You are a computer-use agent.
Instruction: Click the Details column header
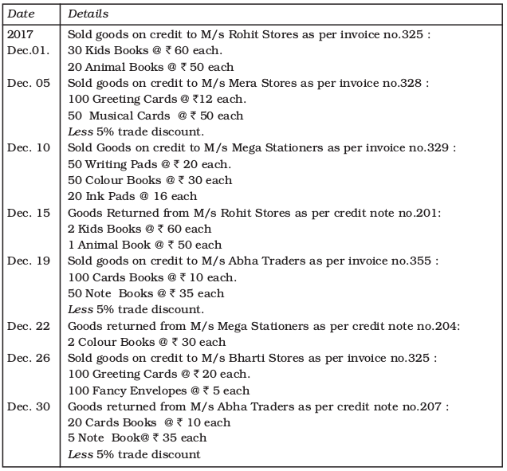point(88,14)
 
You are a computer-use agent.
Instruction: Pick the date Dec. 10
point(29,148)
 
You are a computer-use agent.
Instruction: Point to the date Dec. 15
point(29,213)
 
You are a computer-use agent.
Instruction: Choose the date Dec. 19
point(29,261)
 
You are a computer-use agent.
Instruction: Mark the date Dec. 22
point(29,325)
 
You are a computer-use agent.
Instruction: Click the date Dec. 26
point(29,358)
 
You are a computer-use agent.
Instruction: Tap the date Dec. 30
point(29,406)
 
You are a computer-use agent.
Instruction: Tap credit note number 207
point(430,407)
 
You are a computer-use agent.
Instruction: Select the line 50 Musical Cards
point(155,116)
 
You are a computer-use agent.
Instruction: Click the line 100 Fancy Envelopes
point(159,391)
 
